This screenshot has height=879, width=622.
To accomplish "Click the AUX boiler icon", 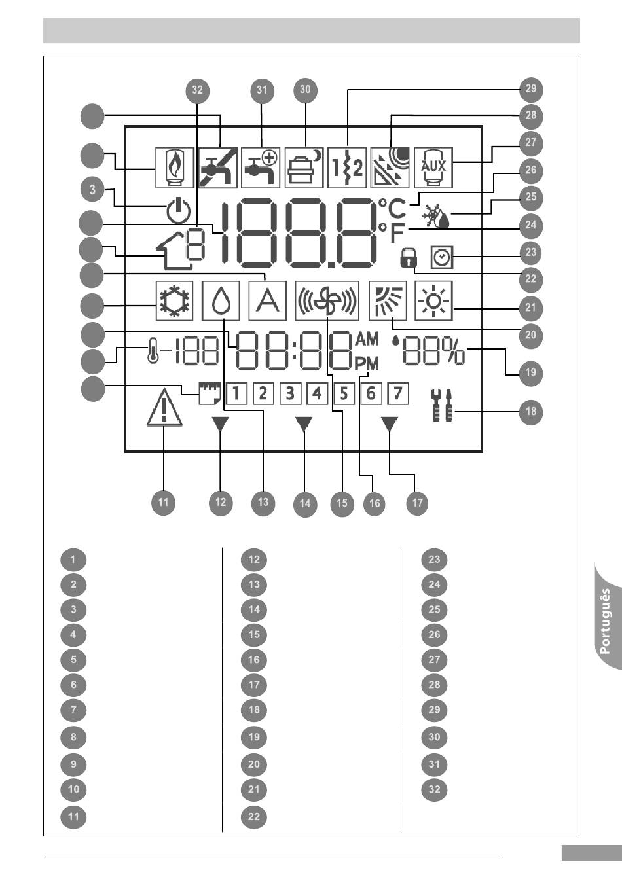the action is coord(433,168).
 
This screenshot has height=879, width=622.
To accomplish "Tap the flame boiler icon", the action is coord(175,168).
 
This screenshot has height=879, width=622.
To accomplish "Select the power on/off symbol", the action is coord(178,211).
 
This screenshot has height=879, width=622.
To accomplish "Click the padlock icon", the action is coord(409,258).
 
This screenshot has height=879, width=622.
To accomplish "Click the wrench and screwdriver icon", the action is coord(442,405).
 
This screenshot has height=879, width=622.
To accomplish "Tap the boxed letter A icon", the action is coord(268,300).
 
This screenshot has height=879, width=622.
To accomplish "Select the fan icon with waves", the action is coord(327,300).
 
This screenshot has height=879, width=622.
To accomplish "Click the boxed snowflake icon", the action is coord(174,300).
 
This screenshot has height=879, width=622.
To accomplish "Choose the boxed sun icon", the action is coord(433,300).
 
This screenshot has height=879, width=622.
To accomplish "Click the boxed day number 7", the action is coord(398,393).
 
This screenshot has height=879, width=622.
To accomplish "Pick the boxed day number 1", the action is coord(236,393).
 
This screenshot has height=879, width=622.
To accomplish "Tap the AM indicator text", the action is coord(367,338).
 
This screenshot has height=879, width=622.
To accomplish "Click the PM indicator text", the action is coord(367,364).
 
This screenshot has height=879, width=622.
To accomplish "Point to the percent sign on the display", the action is coord(454,351).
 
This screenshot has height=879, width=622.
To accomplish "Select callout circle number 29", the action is coord(531,89).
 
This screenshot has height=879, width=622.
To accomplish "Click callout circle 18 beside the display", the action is coord(531,412).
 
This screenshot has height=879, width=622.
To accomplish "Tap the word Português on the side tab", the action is coord(605,621).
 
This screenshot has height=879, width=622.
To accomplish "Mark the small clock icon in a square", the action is coord(442,257).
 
